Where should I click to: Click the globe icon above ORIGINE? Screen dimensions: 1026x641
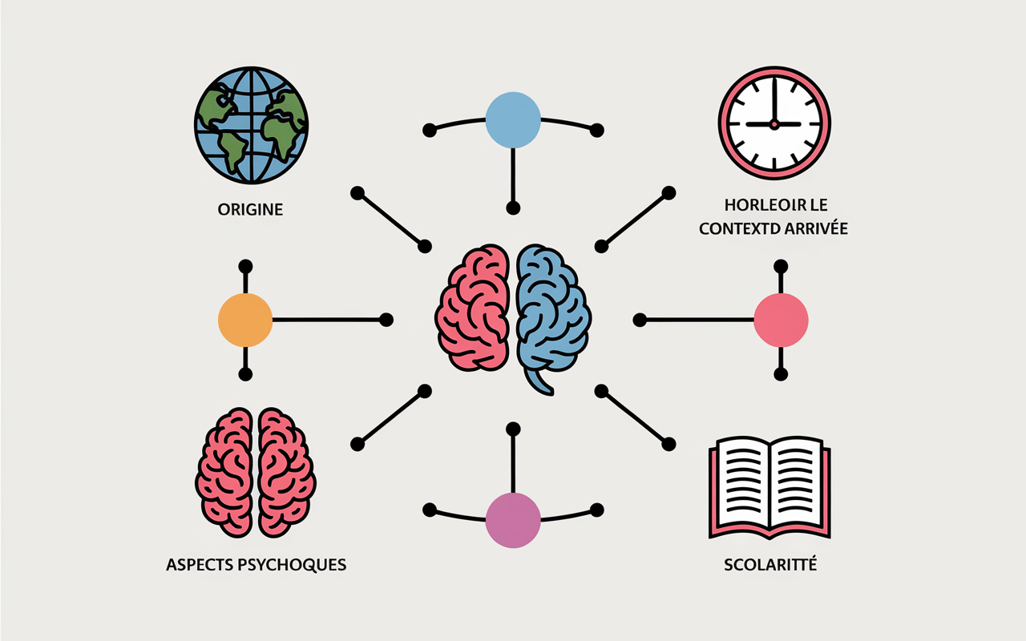click(x=251, y=126)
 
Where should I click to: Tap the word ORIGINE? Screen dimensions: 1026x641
click(x=250, y=210)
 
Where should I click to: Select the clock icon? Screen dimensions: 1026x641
click(x=774, y=123)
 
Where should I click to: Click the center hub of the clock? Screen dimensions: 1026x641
click(x=774, y=124)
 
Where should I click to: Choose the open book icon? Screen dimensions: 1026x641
click(x=769, y=488)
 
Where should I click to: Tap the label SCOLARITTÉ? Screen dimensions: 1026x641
click(x=770, y=565)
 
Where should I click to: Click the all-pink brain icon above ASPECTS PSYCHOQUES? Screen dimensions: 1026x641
click(x=256, y=473)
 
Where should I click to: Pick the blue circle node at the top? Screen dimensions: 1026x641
click(x=513, y=120)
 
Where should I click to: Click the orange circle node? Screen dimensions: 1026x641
click(x=245, y=320)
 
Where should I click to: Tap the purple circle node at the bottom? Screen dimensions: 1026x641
click(x=513, y=520)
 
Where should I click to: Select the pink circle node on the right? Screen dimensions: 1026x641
click(x=781, y=320)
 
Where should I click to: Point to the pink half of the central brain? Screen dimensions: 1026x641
click(x=473, y=308)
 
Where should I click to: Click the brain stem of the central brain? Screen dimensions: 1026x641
click(x=539, y=382)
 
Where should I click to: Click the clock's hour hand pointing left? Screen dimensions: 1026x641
click(x=760, y=124)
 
